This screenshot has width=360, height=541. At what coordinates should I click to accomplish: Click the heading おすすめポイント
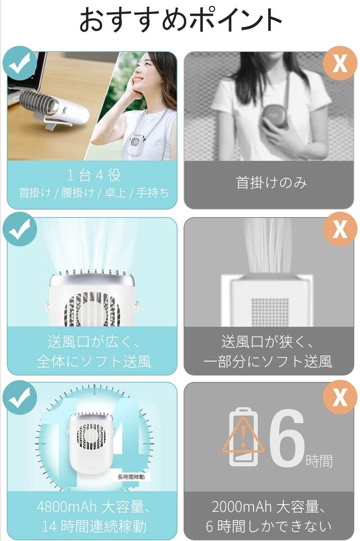[x=181, y=20]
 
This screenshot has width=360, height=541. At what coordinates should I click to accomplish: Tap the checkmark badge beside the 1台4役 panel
[x=20, y=63]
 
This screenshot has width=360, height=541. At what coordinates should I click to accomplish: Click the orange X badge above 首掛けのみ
[x=340, y=63]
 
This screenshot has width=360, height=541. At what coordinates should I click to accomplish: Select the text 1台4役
[x=94, y=175]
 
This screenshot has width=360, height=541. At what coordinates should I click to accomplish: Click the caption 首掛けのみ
[x=271, y=182]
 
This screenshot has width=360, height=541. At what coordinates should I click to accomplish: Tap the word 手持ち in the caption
[x=153, y=192]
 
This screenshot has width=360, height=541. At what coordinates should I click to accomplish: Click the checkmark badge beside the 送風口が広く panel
[x=20, y=229]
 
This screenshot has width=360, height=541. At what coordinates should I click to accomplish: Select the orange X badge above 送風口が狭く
[x=340, y=229]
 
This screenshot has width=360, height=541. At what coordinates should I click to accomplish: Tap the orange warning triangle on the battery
[x=243, y=436]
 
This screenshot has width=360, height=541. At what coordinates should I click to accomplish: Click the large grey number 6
[x=287, y=437]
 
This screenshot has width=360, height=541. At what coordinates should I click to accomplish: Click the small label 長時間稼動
[x=131, y=477]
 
